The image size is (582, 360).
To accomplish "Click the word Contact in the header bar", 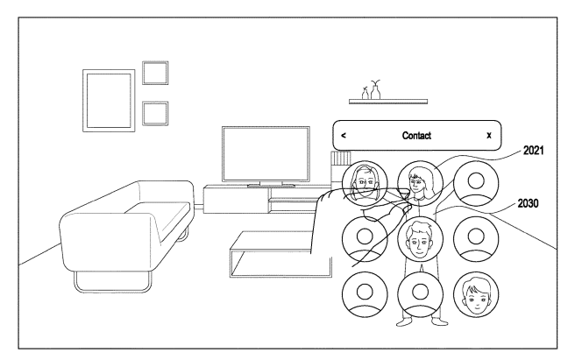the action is (416, 135).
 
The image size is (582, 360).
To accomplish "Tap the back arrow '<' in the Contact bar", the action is (344, 135).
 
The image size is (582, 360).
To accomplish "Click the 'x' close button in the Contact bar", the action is (489, 135).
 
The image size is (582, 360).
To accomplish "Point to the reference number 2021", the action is (534, 150).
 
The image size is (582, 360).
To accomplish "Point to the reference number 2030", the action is (528, 203).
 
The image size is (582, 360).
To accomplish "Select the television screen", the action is (266, 154).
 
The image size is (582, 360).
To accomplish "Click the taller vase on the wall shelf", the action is (376, 90).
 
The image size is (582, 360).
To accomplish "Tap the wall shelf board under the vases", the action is (388, 102).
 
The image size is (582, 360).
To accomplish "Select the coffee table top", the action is (271, 240).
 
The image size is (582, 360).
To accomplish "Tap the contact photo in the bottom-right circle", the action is (476, 294).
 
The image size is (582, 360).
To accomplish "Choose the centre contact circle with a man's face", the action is (420, 239).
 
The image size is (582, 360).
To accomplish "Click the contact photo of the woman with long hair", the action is (420, 183).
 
